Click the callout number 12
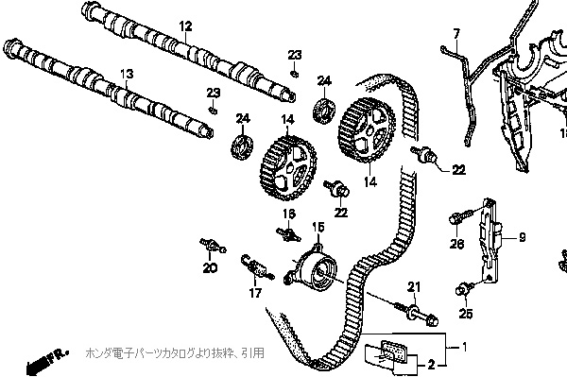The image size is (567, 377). (x=184, y=25)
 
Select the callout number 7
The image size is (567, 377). (x=455, y=34)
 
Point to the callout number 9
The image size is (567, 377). (x=521, y=237)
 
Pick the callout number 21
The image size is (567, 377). (x=412, y=286)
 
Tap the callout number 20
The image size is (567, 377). (x=210, y=268)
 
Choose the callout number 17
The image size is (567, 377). (x=255, y=293)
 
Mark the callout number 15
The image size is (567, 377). (x=318, y=227)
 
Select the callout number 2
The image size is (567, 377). (x=430, y=363)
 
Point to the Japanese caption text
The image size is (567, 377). (x=175, y=352)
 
